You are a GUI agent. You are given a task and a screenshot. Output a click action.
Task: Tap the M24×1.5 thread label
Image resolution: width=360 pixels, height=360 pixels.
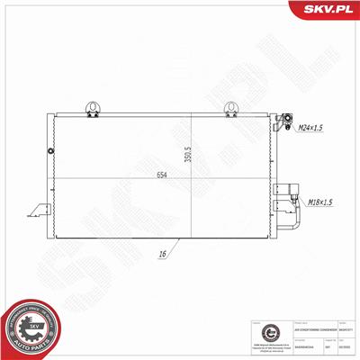pos(311,130)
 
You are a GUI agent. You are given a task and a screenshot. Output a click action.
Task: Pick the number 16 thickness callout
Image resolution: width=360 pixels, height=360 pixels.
pos(163,255)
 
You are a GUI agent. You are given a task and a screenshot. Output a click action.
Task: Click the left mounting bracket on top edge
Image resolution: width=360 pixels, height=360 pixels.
pos(91,109)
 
